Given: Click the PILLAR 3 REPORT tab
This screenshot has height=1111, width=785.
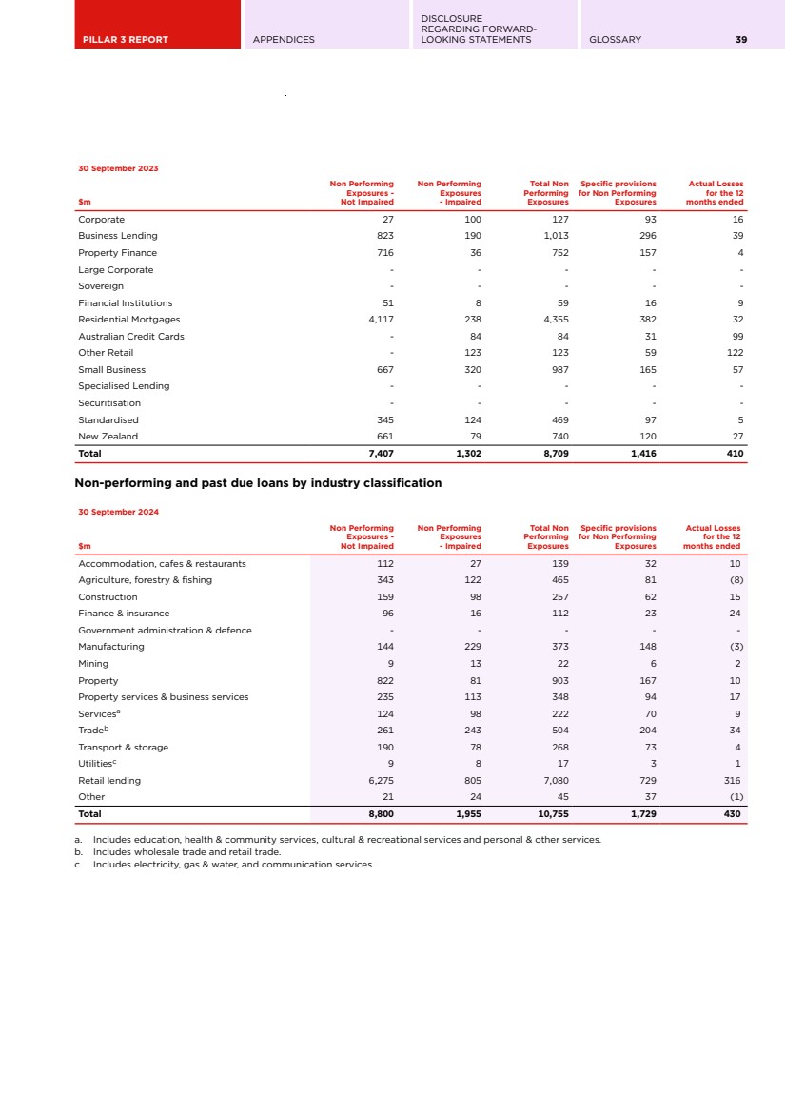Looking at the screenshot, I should [125, 40].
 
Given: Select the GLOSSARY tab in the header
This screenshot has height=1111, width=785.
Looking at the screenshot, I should [615, 40].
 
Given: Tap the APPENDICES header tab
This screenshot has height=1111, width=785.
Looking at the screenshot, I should [284, 40].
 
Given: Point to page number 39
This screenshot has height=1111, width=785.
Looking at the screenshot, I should [740, 40].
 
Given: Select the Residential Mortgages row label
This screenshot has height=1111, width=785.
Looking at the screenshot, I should [128, 320].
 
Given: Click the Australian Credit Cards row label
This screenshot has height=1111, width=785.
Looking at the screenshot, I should [131, 336].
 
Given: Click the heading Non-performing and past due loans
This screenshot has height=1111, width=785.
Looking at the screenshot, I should [258, 483].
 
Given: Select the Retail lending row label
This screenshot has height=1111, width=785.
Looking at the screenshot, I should [109, 780].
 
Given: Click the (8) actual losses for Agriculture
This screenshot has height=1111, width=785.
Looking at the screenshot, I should [734, 579].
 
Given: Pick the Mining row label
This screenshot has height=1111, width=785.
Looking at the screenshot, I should [93, 663].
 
